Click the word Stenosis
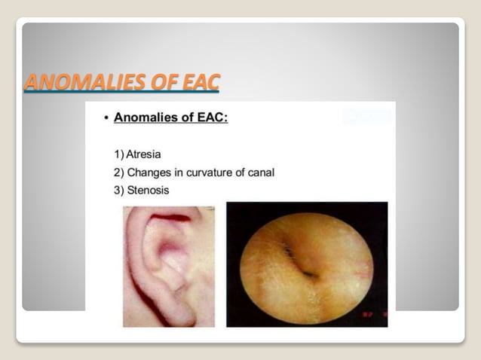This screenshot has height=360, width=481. tap(149, 191)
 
